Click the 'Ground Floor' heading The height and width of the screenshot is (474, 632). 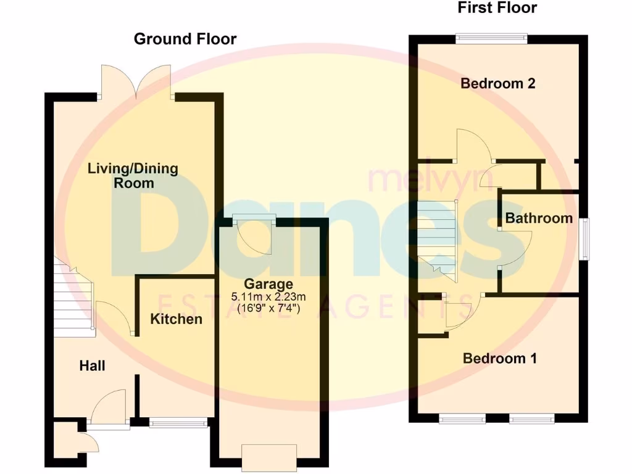185,39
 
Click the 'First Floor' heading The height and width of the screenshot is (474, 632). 497,8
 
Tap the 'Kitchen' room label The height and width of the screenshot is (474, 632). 177,319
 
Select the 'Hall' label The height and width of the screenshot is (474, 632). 92,366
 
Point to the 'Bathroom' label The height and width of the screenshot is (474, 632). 539,218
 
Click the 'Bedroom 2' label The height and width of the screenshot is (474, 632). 497,83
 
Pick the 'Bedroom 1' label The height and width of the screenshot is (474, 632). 500,358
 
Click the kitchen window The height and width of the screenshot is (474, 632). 178,423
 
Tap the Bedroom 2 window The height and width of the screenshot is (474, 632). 492,38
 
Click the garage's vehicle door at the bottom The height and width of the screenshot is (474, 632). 269,458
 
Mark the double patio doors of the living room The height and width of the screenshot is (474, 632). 136,83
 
